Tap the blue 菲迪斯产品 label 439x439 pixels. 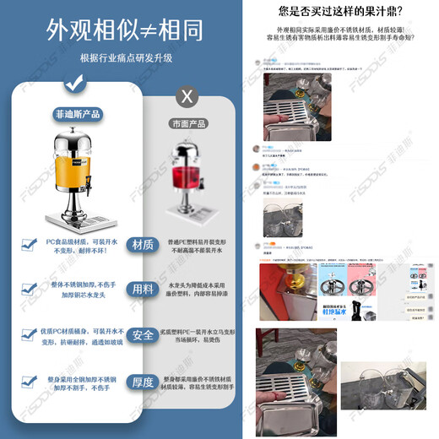pyautogui.click(x=74, y=112)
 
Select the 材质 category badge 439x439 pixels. pyautogui.click(x=144, y=245)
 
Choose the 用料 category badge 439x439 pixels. pyautogui.click(x=144, y=289)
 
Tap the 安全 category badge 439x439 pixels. pyautogui.click(x=144, y=334)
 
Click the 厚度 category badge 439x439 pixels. pyautogui.click(x=144, y=382)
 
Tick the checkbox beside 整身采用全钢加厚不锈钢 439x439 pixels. pyautogui.click(x=27, y=382)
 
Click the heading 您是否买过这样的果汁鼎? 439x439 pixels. pyautogui.click(x=346, y=12)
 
